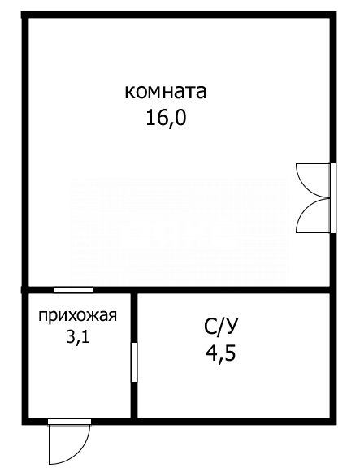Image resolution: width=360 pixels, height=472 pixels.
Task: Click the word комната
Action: click(x=166, y=91)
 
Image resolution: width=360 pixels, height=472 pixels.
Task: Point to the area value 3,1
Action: click(x=78, y=337)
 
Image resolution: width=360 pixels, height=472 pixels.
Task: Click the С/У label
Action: click(x=222, y=328)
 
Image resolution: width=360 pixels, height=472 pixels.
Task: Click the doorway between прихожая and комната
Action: click(x=72, y=290)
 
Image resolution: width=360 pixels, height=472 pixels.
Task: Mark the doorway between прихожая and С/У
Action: click(x=134, y=362)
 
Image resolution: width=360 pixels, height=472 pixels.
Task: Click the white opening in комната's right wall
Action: click(x=332, y=198)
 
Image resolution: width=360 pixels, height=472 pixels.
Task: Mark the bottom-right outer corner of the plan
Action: click(x=334, y=422)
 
